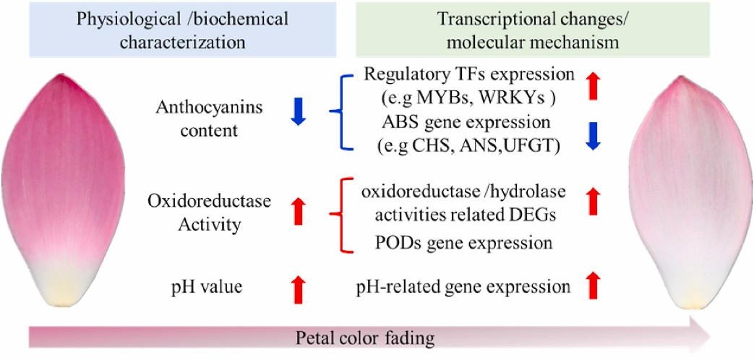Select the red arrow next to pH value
[298, 288]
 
